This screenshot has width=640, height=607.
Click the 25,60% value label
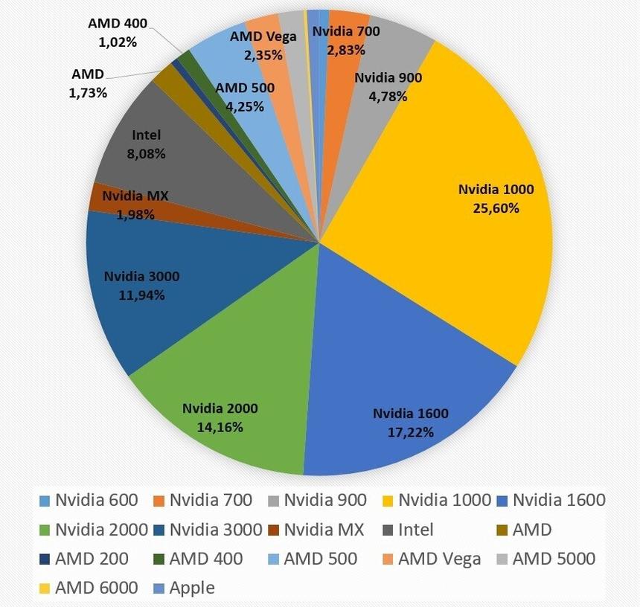click(x=496, y=208)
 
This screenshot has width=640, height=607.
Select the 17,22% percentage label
click(x=411, y=431)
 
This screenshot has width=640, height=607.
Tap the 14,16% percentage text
click(x=220, y=427)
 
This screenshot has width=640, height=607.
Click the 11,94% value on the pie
click(x=141, y=295)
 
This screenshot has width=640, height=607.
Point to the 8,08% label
click(x=147, y=154)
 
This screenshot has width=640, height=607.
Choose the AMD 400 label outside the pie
click(x=118, y=23)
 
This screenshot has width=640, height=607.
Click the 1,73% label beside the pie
click(x=88, y=93)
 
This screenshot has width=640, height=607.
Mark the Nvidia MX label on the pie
click(x=135, y=196)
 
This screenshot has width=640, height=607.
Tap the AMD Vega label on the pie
click(x=263, y=36)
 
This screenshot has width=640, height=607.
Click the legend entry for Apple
click(x=192, y=588)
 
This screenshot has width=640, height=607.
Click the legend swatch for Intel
click(x=386, y=530)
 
